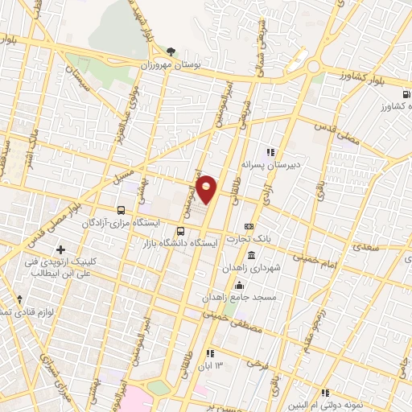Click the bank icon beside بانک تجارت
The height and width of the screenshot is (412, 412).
coord(249,226)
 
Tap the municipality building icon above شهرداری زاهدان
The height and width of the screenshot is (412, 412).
coord(252,256)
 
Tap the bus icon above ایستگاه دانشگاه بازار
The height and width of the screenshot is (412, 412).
coord(179,231)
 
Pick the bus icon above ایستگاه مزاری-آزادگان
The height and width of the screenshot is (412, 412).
coord(121,208)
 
